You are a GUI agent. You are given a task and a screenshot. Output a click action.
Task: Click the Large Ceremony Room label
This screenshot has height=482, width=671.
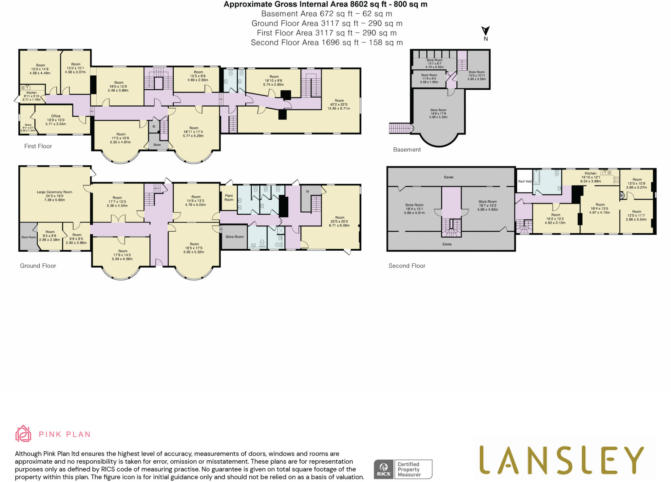click(54, 196)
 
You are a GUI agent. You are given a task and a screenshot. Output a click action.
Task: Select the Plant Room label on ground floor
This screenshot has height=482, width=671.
click(229, 198)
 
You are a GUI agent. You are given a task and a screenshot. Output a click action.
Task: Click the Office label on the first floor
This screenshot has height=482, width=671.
click(56, 120)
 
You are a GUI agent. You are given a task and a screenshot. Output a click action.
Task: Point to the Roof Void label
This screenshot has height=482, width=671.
click(525, 181)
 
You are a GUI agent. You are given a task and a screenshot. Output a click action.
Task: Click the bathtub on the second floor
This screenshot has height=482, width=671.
click(536, 182)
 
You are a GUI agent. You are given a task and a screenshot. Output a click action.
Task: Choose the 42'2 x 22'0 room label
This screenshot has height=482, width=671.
click(339, 104)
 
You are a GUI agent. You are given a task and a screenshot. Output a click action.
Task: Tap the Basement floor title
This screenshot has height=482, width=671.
click(407, 150)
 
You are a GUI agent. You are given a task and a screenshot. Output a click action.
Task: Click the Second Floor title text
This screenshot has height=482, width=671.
click(407, 266)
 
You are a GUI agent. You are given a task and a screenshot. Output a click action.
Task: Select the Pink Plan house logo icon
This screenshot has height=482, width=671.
click(23, 434)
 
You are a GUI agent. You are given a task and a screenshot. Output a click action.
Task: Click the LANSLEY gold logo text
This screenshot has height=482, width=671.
click(561, 460)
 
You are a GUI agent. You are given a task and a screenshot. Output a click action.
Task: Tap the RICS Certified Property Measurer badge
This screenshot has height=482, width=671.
click(403, 469)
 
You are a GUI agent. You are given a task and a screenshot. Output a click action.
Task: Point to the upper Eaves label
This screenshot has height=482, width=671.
click(449, 177)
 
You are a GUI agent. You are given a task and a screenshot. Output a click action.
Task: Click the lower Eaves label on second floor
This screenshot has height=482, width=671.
click(447, 244)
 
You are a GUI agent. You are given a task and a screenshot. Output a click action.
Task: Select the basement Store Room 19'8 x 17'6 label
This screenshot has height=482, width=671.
click(438, 114)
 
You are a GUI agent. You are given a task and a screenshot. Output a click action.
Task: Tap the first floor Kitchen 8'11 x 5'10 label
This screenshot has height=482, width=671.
click(31, 96)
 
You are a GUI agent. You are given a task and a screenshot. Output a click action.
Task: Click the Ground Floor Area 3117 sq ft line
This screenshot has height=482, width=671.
click(327, 24)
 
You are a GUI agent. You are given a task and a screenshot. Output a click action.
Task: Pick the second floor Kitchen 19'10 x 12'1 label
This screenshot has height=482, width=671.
click(590, 177)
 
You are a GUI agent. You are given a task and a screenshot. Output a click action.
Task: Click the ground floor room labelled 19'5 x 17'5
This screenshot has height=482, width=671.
click(194, 248)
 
